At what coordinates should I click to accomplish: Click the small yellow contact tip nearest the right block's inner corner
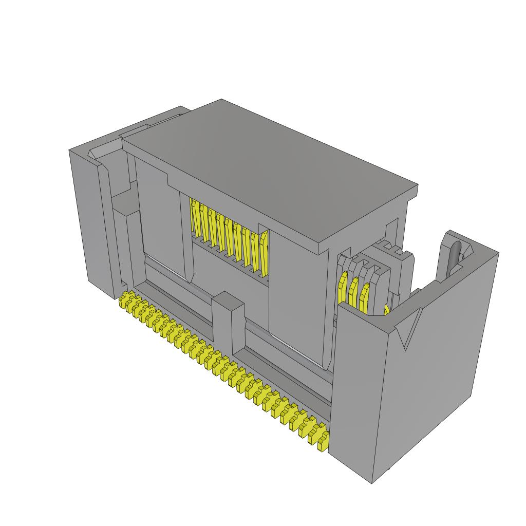point(386,309)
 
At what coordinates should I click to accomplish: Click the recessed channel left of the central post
point(180,308)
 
